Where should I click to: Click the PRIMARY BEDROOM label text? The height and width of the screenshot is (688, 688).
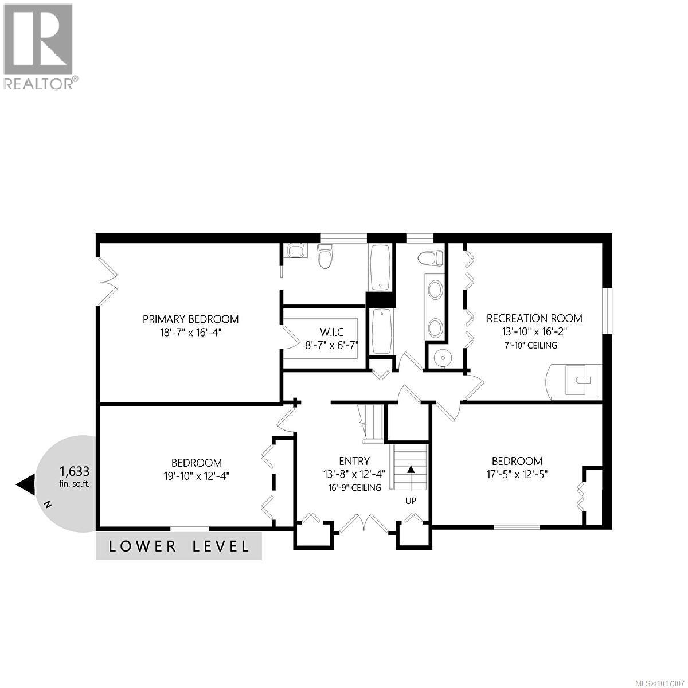[x=190, y=319]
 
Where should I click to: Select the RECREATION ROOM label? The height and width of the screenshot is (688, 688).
[x=534, y=318]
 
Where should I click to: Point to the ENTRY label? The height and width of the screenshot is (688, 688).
[x=354, y=461]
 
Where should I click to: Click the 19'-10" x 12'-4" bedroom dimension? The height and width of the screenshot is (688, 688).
[x=197, y=475]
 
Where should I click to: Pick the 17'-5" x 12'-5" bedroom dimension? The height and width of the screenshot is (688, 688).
[x=517, y=474]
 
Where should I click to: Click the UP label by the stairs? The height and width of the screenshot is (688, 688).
[x=411, y=501]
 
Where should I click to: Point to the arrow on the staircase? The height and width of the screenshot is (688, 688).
[x=411, y=468]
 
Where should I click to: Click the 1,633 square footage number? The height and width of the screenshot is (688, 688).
[x=75, y=472]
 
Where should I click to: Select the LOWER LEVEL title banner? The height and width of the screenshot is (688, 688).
[x=179, y=546]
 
